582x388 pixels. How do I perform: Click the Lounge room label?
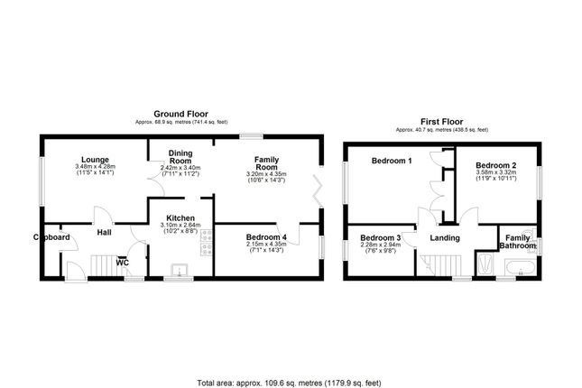click(94, 159)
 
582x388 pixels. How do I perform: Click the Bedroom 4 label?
click(266, 236)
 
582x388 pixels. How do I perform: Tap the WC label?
click(121, 263)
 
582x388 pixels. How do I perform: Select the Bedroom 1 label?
click(392, 161)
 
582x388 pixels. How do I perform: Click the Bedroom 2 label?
click(495, 165)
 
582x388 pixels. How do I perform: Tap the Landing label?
click(445, 238)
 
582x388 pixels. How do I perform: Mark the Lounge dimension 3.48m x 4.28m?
click(94, 167)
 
